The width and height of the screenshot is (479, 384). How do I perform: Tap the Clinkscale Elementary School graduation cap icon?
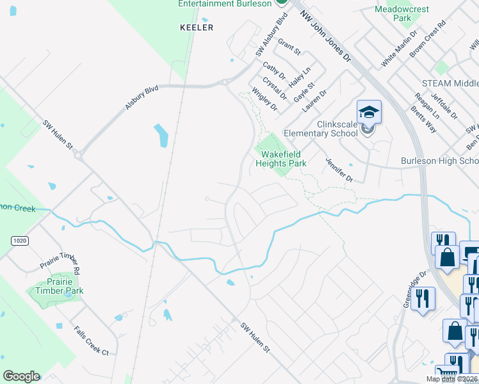369,113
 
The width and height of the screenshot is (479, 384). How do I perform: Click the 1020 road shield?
19,240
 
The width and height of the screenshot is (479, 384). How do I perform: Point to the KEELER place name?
196,28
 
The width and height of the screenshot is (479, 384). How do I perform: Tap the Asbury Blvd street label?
142,98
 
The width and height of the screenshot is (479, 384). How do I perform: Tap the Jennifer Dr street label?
339,170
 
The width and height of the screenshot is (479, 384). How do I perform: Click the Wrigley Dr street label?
264,99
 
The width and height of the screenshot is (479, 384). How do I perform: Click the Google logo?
21,376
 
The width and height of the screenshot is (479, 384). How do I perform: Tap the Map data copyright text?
451,379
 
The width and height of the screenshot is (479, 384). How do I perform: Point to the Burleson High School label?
439,161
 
